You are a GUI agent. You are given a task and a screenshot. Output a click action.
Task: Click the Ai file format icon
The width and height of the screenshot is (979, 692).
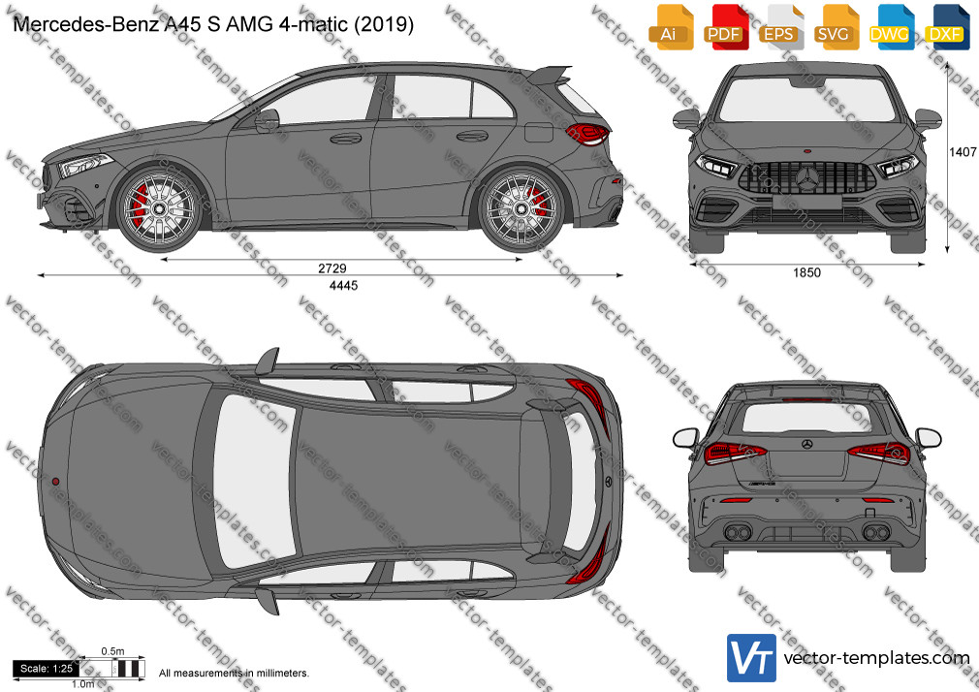[671, 27]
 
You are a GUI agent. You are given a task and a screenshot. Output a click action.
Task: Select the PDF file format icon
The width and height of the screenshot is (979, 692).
[726, 27]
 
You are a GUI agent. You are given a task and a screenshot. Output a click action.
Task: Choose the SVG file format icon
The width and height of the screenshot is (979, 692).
[836, 27]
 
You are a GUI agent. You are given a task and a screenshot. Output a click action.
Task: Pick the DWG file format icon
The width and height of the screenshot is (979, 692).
[891, 27]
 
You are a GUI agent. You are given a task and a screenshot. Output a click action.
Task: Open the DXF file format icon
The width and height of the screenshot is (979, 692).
[946, 27]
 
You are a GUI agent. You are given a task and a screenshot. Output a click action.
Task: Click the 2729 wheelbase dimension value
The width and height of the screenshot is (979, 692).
[332, 268]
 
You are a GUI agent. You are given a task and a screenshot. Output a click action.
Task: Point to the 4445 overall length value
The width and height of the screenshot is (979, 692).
[343, 285]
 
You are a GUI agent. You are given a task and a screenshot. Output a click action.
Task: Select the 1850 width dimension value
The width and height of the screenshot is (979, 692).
[806, 273]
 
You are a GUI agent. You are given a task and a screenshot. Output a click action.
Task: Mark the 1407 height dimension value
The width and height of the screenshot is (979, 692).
[963, 152]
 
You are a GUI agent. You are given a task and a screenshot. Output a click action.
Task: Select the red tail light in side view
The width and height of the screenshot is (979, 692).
[587, 134]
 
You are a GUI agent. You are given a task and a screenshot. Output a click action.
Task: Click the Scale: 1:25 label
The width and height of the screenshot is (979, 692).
[47, 669]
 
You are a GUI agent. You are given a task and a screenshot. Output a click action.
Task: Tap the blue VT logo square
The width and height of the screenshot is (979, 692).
[751, 658]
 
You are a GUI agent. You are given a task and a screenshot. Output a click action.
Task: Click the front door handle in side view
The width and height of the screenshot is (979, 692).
[345, 138]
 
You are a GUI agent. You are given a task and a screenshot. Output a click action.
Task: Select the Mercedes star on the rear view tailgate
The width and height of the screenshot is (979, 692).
[806, 444]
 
